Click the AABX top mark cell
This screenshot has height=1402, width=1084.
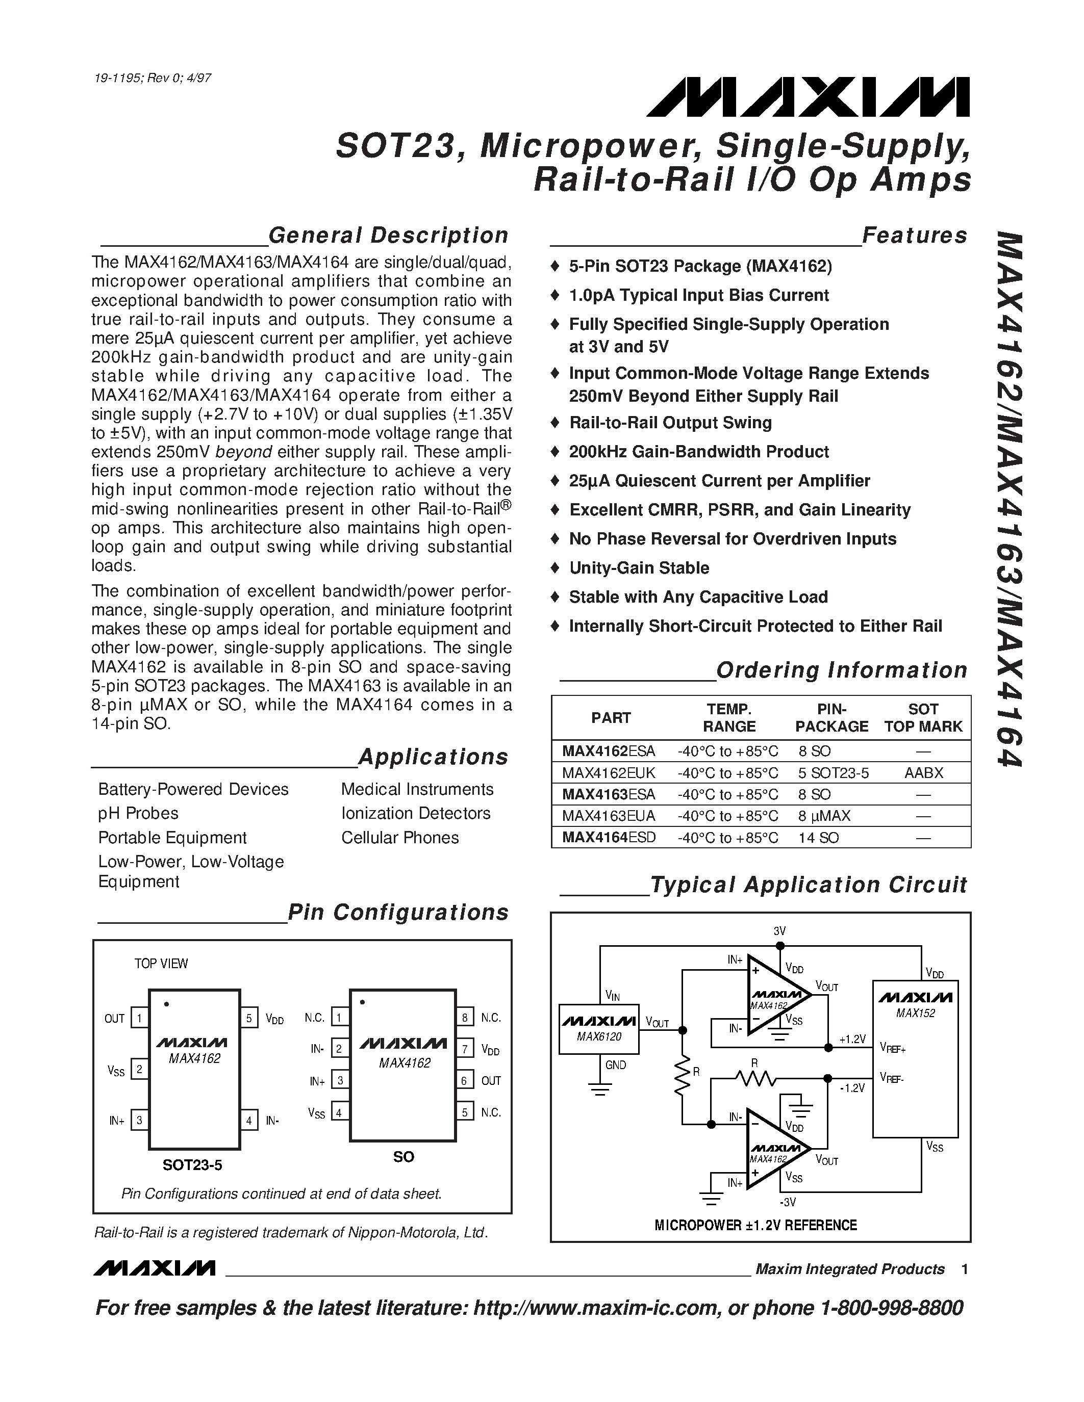[923, 773]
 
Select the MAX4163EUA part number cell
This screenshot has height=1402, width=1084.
[608, 816]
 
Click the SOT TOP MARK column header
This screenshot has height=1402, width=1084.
[923, 718]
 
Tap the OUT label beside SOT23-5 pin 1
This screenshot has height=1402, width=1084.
[114, 1019]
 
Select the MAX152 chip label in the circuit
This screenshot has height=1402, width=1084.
[915, 1014]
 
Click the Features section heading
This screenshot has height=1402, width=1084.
[914, 236]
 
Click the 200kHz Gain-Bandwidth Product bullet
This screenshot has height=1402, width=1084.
[699, 452]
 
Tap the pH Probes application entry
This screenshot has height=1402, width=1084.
[138, 813]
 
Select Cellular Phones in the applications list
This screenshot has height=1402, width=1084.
[399, 838]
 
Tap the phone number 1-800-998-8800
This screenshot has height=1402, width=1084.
[891, 1308]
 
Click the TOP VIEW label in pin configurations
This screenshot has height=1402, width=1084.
[161, 964]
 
